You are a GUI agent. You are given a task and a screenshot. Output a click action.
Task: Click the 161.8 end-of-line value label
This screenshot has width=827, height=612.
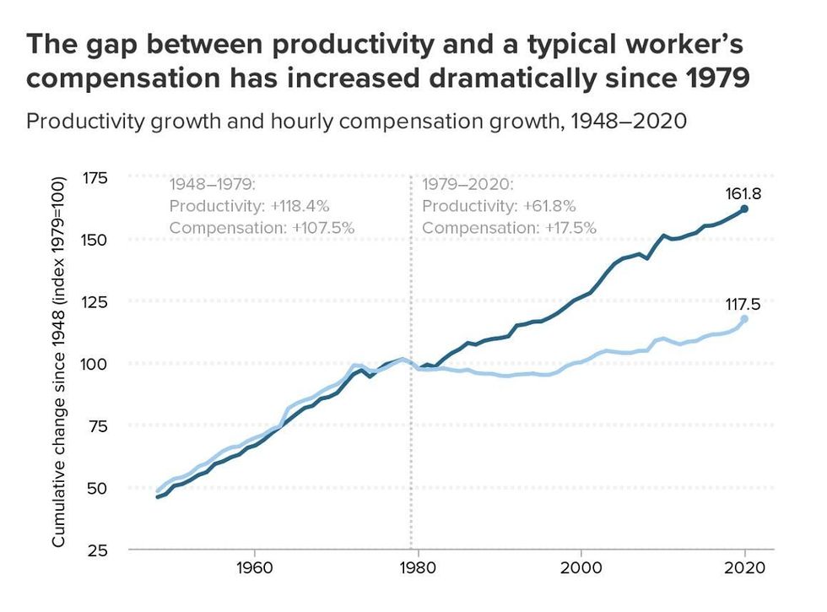coord(743,193)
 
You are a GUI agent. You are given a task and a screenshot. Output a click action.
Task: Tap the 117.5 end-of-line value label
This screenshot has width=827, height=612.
coord(743,304)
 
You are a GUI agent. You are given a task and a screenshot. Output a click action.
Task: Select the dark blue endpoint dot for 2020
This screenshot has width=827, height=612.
coord(744,209)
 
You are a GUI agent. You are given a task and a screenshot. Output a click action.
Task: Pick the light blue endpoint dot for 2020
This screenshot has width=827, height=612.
coord(744,319)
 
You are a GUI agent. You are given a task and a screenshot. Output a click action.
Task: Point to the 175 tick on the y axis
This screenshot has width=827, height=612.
coord(95,177)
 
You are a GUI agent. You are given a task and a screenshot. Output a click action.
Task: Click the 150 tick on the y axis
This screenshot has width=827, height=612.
coord(95,239)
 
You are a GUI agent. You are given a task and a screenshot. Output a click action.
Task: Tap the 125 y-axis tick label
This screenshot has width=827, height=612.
coord(95,301)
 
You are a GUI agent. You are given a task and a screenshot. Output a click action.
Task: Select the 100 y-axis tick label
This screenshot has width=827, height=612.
coord(95,363)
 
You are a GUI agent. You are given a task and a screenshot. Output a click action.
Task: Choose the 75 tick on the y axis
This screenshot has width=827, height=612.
coord(97,425)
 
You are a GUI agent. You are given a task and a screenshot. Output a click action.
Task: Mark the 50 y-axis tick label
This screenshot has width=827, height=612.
coord(97,487)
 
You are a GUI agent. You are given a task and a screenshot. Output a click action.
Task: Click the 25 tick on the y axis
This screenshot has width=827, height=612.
coord(97,550)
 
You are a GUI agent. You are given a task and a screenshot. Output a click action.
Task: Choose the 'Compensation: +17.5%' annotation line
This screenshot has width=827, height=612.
coord(509,228)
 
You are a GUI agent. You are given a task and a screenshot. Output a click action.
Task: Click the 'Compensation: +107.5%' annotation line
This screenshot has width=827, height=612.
coord(262,228)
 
